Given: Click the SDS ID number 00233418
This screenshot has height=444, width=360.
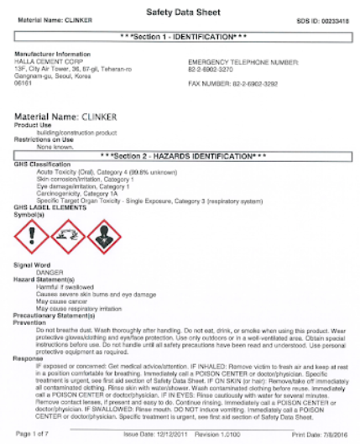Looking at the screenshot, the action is (x=331, y=18).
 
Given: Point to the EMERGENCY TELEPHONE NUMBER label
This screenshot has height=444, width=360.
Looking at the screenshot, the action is (x=243, y=62).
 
